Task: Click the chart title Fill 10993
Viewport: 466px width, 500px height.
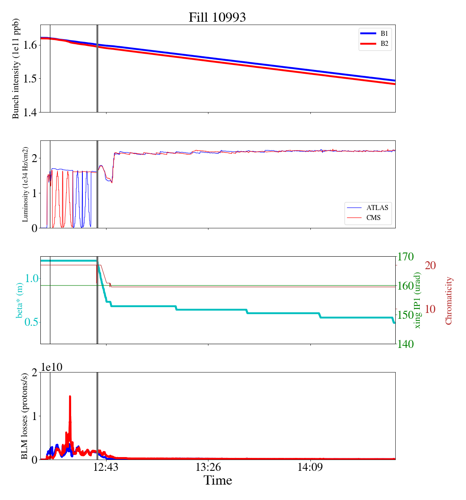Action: pos(217,17)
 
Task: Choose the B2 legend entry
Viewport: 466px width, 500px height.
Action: pos(375,43)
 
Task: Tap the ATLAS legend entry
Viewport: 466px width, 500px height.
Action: pos(368,207)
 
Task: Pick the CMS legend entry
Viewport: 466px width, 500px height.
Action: pos(368,217)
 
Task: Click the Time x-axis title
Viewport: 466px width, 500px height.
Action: pos(218,480)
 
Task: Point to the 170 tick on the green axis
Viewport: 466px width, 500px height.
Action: pos(406,257)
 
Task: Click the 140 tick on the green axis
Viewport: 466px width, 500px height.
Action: pos(406,344)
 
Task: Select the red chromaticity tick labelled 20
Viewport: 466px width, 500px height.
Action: pos(430,265)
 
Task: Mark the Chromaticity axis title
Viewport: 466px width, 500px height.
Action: pos(449,300)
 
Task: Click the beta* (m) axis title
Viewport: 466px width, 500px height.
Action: pos(20,300)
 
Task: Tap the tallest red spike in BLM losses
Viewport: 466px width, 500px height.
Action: pos(70,397)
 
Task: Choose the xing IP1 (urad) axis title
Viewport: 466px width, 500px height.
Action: pos(418,300)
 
